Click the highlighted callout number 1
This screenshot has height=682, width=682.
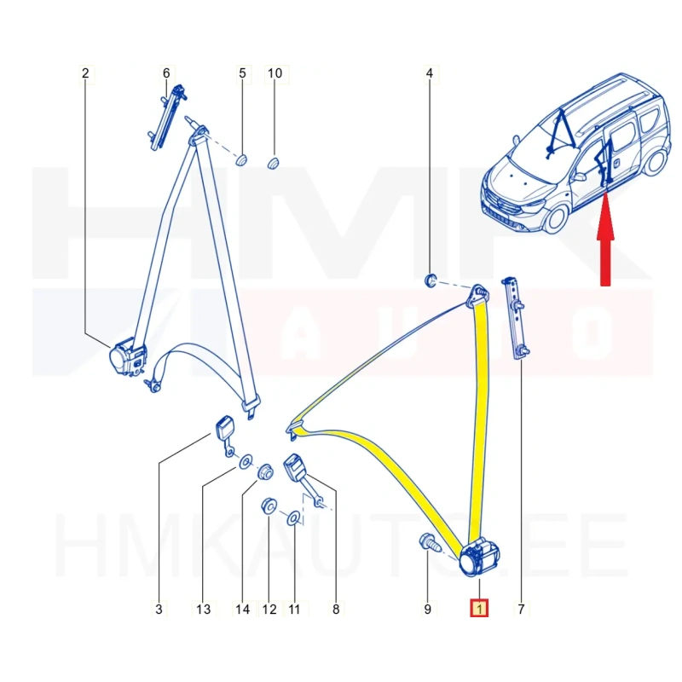click(x=479, y=609)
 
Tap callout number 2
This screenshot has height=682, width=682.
click(x=85, y=73)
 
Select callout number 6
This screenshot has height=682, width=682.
click(x=166, y=73)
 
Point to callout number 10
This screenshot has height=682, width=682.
click(x=275, y=73)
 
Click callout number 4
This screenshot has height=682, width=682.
click(x=430, y=73)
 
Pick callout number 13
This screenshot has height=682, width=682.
click(x=203, y=609)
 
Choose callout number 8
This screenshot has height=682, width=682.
click(x=336, y=609)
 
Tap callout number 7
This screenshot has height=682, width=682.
click(x=521, y=609)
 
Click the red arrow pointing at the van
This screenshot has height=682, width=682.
click(x=605, y=239)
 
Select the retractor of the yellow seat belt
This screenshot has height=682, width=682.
click(x=478, y=557)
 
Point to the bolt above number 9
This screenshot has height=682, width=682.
click(x=429, y=542)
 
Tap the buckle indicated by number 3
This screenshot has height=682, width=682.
click(x=225, y=435)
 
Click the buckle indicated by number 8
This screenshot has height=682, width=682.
click(x=300, y=474)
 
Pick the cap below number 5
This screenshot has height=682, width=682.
click(x=241, y=159)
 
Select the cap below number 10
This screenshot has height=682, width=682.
click(x=273, y=164)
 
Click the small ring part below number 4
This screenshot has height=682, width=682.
click(x=431, y=280)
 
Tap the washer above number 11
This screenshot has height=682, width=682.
click(x=293, y=517)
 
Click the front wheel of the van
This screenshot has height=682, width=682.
click(x=556, y=220)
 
